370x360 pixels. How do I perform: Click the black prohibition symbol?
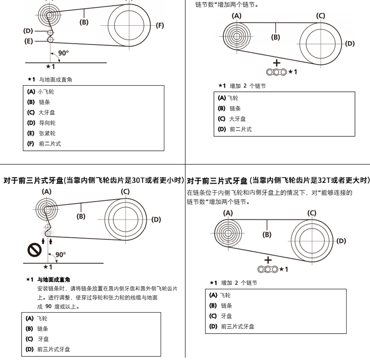[35, 250]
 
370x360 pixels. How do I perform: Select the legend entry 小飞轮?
[46, 91]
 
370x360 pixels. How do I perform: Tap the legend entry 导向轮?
[47, 123]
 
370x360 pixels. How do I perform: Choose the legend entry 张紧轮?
[47, 133]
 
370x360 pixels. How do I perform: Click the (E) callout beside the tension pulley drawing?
[29, 41]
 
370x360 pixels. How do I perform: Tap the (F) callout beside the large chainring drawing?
[160, 25]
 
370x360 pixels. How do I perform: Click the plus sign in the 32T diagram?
[268, 260]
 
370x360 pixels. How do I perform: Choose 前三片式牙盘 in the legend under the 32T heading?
[237, 326]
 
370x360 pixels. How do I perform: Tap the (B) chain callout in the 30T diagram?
[81, 216]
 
